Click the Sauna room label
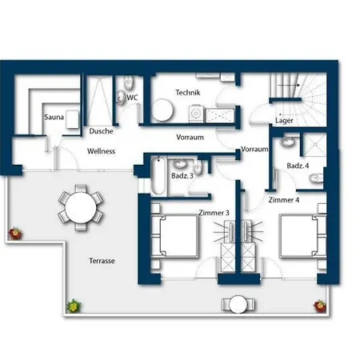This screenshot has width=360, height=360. pos(54,117)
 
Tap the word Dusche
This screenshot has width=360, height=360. pos(101,131)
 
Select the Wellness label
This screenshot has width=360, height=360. pos(101,151)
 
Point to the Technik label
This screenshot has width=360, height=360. pos(188,93)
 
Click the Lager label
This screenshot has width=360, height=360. pos(284,121)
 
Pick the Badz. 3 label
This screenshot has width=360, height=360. pos(182,176)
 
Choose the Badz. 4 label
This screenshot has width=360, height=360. pos(298,166)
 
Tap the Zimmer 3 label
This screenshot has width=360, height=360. pos(214,213)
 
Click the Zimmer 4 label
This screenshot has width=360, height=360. pos(284,200)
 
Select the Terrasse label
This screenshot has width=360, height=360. pos(102,261)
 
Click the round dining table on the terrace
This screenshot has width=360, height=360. pos(81,207)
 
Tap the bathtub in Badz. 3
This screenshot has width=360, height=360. pos(158,176)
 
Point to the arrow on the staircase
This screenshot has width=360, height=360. pos(289,85)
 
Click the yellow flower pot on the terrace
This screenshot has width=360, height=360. pos(74,306)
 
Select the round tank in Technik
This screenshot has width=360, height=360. pos(162,110)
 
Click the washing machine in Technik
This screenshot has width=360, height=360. pos(197,114)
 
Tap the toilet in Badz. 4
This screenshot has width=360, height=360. pos(316,178)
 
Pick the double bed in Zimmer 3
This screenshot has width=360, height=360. pos(175,236)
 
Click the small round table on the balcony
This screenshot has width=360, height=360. pos(238,304)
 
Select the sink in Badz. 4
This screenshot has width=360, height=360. pos(287,142)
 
